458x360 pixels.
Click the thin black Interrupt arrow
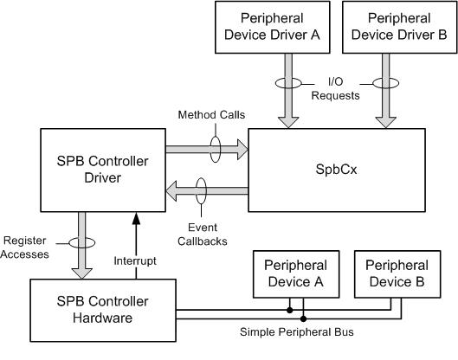[x=134, y=242]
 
